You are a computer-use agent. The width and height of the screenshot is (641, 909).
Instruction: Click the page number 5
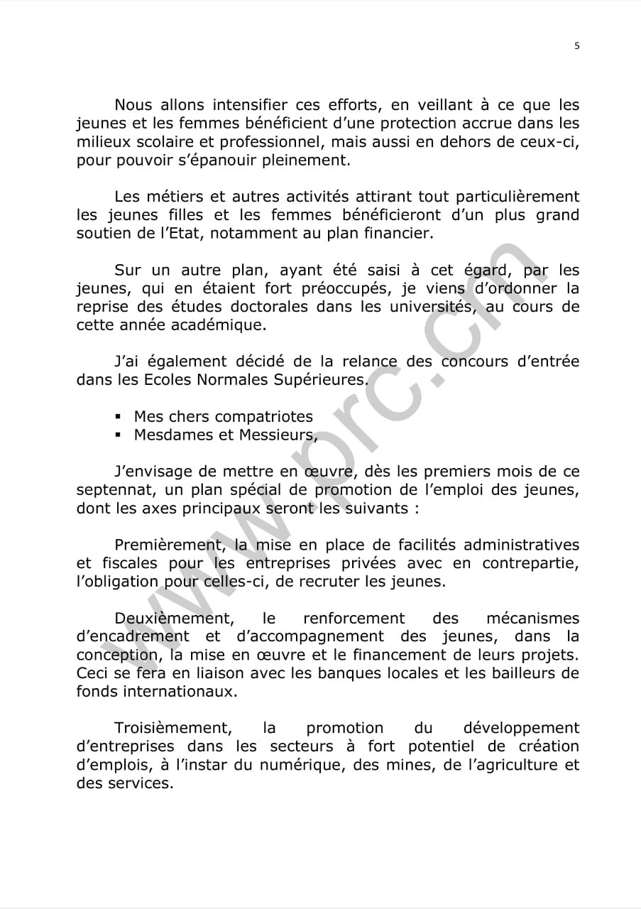[x=576, y=45]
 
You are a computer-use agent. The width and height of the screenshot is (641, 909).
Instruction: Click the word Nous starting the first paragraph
[x=133, y=105]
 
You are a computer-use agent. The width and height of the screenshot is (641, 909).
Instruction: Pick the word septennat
[x=111, y=490]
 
